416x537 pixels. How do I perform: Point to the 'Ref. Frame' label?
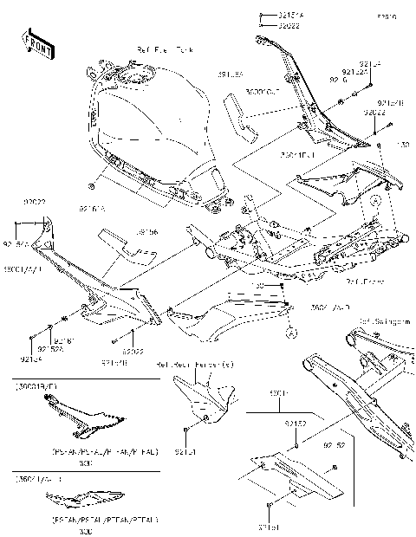point(362,281)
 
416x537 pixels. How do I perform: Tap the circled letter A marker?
point(291,331)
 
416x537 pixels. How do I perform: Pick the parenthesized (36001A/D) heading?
point(38,477)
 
